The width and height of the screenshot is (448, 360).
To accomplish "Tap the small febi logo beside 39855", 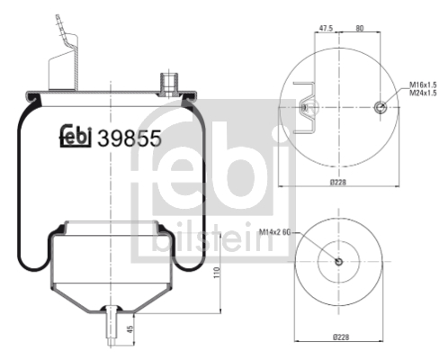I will click(76, 136).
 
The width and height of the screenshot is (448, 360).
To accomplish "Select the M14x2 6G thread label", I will click(277, 233).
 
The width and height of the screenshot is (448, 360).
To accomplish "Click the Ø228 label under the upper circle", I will click(339, 183).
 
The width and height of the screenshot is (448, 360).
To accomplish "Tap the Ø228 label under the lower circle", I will click(339, 337).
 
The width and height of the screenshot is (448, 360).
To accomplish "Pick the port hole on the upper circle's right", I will click(381, 108).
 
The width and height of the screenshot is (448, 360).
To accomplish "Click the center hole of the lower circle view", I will click(339, 262).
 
